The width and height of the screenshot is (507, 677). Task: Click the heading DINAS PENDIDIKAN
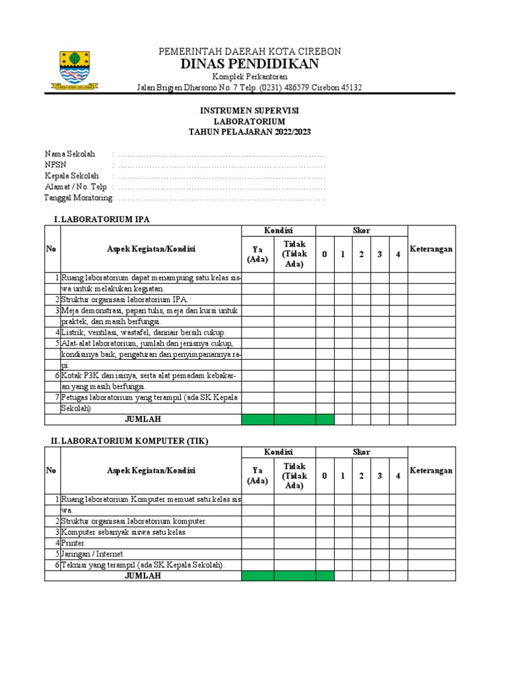click(250, 64)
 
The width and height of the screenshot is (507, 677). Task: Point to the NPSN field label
click(55, 164)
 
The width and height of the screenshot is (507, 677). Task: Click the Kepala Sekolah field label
click(71, 175)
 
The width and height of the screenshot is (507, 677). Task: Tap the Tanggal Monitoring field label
click(79, 198)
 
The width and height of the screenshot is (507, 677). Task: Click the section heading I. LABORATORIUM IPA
click(106, 219)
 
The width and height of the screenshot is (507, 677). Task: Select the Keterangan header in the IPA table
click(431, 249)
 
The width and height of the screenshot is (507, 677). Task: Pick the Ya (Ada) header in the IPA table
click(257, 254)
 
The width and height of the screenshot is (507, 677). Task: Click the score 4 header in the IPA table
click(398, 255)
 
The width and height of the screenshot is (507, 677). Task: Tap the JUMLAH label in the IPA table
click(143, 419)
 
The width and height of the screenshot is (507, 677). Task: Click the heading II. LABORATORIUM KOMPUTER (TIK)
click(129, 440)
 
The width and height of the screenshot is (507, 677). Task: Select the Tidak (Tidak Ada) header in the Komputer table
click(294, 476)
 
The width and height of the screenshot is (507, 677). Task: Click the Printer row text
click(74, 543)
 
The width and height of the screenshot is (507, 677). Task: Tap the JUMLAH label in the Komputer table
click(143, 576)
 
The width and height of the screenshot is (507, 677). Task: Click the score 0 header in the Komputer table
click(324, 476)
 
